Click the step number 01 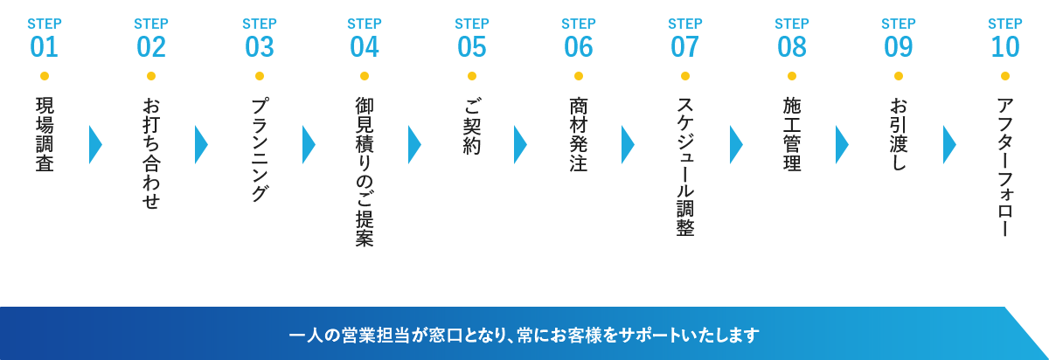click(44, 47)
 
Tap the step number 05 click(472, 47)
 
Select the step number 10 click(1005, 47)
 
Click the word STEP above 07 click(685, 24)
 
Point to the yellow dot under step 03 click(260, 76)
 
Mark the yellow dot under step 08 click(792, 76)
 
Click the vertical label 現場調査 click(45, 134)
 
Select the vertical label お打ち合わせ click(151, 153)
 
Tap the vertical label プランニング click(260, 149)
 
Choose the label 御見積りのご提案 click(365, 172)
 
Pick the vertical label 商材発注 click(579, 134)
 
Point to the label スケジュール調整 click(685, 166)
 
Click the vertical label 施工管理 click(792, 134)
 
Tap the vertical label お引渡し click(899, 134)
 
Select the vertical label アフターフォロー click(1005, 167)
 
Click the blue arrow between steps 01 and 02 click(95, 144)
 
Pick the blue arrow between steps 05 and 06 click(520, 144)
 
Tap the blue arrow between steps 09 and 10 click(949, 144)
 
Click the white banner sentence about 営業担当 click(524, 335)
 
